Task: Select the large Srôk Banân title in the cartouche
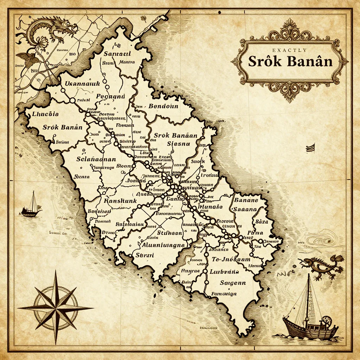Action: [x=290, y=62]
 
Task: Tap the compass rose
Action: [x=56, y=308]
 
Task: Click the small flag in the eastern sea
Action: [x=310, y=148]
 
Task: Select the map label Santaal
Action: [x=117, y=54]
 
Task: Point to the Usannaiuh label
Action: [x=83, y=84]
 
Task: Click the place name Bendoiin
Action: [x=163, y=106]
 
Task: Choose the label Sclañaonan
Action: [x=96, y=159]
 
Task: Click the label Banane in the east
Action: [x=246, y=200]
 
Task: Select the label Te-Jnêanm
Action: [x=231, y=260]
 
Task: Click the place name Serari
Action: [x=144, y=256]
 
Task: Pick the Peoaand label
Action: [x=110, y=96]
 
